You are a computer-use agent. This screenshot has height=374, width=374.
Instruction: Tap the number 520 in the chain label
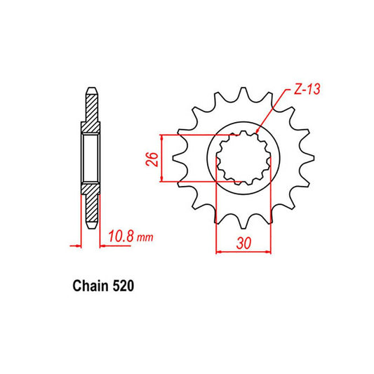tap(123, 287)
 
